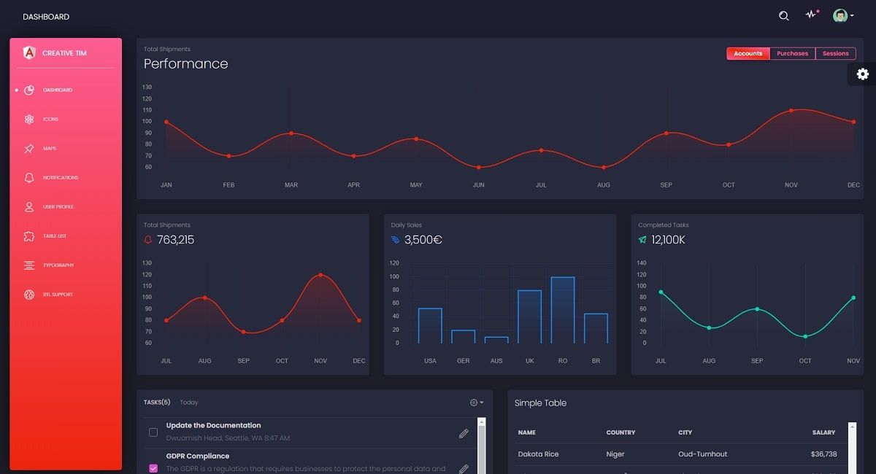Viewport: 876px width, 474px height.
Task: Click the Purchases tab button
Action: point(792,53)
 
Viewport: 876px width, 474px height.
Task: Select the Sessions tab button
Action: point(835,53)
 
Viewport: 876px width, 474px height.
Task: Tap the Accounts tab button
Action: point(748,53)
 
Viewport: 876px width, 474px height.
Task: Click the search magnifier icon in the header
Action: point(784,16)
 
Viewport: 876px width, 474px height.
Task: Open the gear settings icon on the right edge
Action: point(863,74)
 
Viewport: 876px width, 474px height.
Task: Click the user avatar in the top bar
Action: point(840,16)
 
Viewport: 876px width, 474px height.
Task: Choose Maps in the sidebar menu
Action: point(49,148)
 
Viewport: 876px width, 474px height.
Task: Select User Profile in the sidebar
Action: point(58,206)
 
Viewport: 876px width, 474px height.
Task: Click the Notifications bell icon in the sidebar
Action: point(29,177)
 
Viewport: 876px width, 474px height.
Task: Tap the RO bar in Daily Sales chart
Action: point(562,310)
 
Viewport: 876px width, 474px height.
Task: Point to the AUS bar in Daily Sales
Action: point(496,339)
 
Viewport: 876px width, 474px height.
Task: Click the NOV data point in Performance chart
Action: point(791,111)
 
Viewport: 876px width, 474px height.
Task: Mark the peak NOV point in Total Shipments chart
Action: point(320,275)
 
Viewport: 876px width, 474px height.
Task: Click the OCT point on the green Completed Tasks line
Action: point(805,336)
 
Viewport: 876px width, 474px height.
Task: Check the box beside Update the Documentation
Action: point(153,432)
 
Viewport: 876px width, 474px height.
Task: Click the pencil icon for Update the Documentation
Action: point(464,433)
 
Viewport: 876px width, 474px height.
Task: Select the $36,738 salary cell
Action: point(823,454)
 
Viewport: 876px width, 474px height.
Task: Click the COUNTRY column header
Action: point(620,432)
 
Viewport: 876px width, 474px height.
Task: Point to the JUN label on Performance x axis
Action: point(478,185)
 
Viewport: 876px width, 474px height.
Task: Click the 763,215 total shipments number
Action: point(175,240)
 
